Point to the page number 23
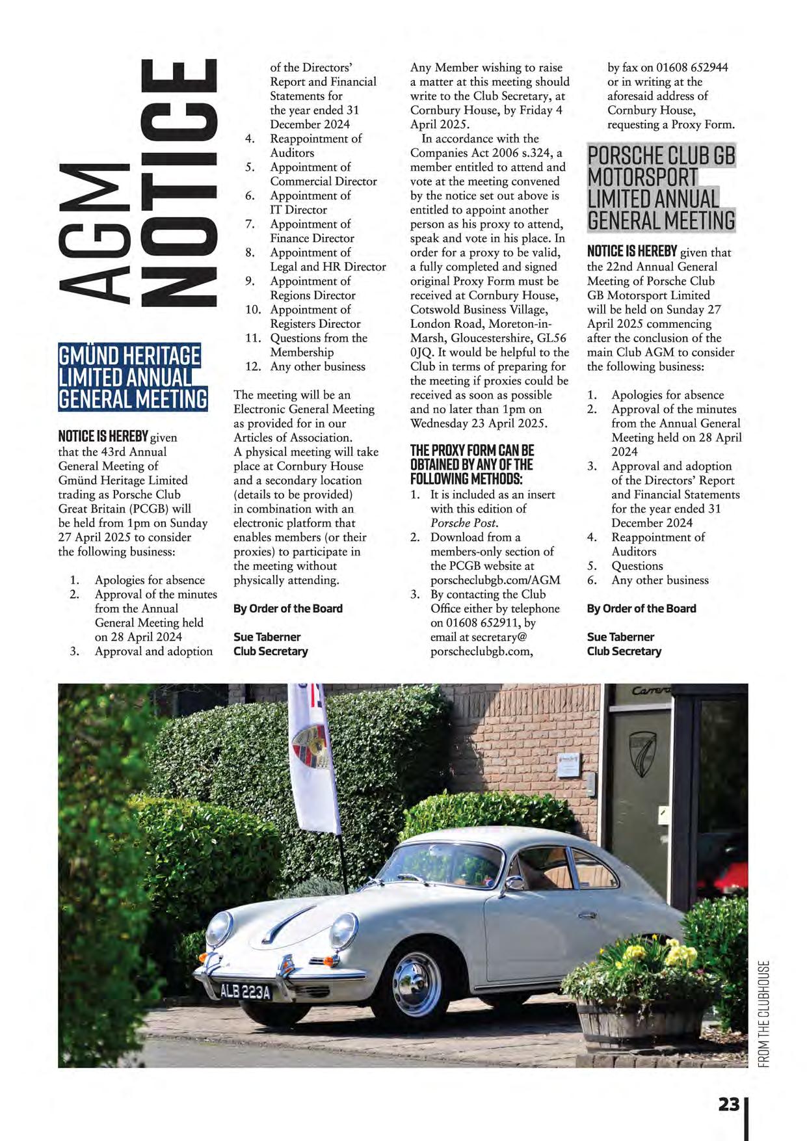coord(729,1105)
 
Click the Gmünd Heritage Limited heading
coord(133,377)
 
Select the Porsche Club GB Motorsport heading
coord(661,188)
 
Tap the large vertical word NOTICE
coord(179,182)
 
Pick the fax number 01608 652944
coord(691,68)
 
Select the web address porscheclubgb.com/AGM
coord(495,580)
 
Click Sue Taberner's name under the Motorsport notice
coord(620,637)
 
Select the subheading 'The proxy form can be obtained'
coord(471,464)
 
